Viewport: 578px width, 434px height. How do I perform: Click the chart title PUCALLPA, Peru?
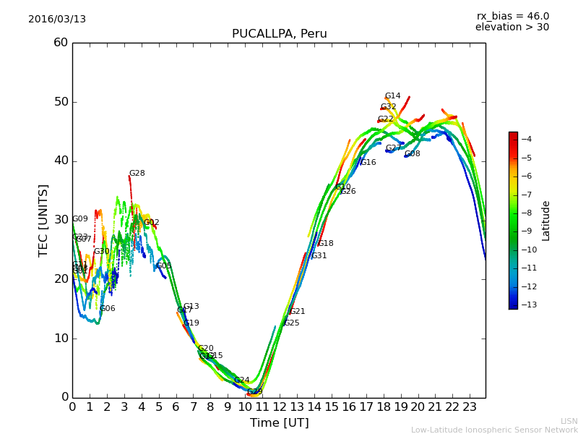click(279, 34)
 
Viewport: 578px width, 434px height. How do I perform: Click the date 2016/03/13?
click(57, 19)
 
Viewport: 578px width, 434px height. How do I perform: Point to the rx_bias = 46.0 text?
click(512, 16)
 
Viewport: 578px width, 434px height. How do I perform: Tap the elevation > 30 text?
click(512, 27)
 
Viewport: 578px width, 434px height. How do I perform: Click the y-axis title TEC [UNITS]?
click(43, 220)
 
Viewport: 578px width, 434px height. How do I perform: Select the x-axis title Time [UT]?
click(279, 422)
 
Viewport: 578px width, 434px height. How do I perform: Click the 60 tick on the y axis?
click(60, 43)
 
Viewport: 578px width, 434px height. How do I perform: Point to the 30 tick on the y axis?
click(60, 220)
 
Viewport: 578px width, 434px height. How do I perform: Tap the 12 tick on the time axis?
click(280, 407)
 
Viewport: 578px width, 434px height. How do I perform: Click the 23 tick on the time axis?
click(470, 407)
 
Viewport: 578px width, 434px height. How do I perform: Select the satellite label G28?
click(137, 174)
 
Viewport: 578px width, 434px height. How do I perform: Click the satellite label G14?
click(392, 96)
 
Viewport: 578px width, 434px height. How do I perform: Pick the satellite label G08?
click(412, 154)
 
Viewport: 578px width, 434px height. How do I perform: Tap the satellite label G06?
click(107, 309)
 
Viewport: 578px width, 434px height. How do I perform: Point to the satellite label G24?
click(241, 380)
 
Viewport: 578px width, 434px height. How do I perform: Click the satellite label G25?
click(291, 323)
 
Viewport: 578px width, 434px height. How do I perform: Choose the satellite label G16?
click(368, 163)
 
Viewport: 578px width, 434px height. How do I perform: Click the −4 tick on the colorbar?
click(526, 139)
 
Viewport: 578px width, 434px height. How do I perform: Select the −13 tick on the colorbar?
click(526, 305)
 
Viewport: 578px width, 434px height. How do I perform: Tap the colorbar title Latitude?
click(546, 221)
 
